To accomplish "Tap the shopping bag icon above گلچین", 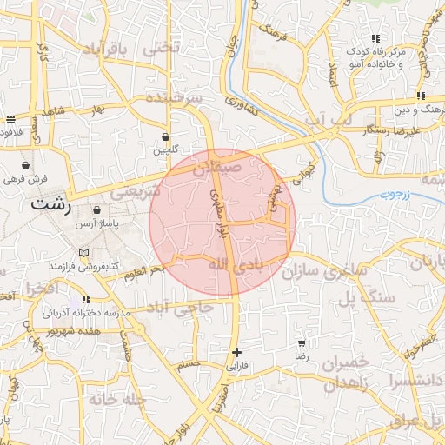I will [x=165, y=136].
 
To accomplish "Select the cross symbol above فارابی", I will [x=236, y=352].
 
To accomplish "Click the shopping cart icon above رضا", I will [x=302, y=343].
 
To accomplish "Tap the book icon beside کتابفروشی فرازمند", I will [x=83, y=253].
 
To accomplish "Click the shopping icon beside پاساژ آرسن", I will [x=95, y=209].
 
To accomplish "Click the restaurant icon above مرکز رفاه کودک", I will [x=375, y=38].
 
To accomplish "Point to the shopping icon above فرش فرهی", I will [x=25, y=164].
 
